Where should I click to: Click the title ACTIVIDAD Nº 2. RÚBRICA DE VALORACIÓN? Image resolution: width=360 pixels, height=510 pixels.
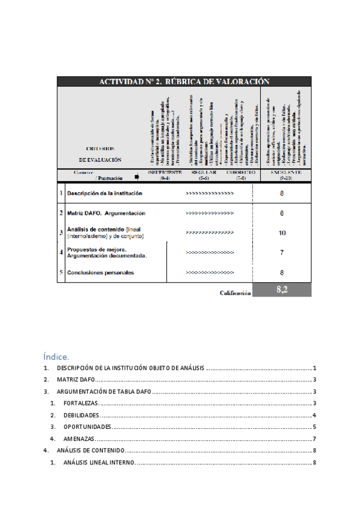tap(184, 82)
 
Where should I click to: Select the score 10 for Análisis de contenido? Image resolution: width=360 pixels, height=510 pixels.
tap(282, 233)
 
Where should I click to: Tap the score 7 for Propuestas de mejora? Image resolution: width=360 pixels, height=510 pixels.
tap(282, 253)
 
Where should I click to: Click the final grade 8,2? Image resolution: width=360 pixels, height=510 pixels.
tap(282, 290)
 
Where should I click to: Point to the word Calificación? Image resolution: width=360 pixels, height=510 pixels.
tap(234, 293)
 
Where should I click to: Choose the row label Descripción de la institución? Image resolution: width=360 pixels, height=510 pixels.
tap(105, 194)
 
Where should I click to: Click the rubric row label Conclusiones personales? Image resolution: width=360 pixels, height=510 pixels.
tap(100, 272)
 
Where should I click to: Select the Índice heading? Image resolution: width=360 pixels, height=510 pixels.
tap(56, 356)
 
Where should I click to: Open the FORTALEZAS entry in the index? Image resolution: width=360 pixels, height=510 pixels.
tap(81, 403)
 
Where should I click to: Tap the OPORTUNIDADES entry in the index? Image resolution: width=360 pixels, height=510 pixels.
tap(87, 426)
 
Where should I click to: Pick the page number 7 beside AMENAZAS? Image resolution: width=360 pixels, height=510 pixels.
tap(314, 438)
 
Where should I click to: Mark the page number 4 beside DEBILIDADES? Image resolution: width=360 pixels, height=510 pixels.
tap(314, 415)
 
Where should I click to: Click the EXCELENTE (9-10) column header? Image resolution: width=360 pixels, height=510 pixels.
tap(282, 175)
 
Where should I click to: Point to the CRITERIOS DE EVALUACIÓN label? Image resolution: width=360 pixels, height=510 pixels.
tap(100, 154)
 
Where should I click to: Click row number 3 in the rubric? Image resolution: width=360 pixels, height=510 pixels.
tap(61, 233)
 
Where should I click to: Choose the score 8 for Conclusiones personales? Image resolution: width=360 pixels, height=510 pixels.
tap(282, 272)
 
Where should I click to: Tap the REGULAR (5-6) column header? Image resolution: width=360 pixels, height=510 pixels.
tap(204, 175)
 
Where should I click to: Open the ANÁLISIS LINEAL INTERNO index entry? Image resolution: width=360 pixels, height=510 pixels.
tap(99, 462)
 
